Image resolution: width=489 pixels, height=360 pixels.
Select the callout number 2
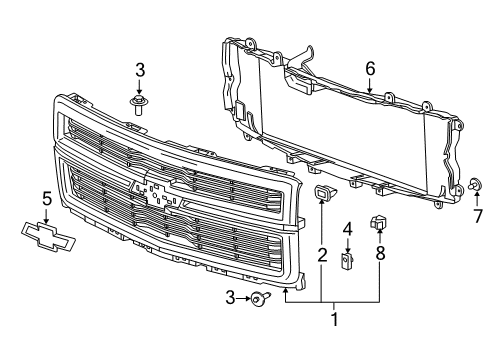click(x=322, y=256)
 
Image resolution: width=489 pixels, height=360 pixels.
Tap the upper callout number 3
click(x=140, y=70)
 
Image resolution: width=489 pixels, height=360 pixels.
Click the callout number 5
click(x=370, y=70)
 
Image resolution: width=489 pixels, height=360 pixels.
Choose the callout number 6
click(x=477, y=216)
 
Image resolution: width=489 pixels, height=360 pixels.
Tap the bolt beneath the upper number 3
click(x=137, y=101)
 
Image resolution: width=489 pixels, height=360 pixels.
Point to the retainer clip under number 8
click(x=379, y=222)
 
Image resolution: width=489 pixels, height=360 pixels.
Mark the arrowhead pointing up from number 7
click(x=474, y=197)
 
